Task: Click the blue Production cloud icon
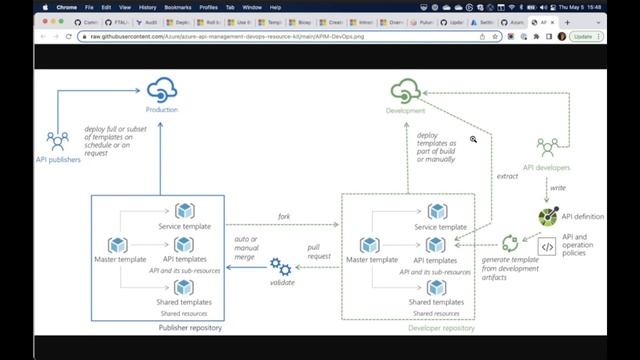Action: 161,90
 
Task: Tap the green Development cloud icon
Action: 407,91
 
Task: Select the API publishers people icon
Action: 57,140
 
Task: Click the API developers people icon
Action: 547,148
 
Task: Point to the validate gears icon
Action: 281,265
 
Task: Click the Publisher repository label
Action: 184,328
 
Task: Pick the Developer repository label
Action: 441,328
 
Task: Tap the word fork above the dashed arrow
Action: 283,216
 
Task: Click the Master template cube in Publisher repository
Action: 118,244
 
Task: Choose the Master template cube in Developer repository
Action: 371,244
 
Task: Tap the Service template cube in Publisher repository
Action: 184,211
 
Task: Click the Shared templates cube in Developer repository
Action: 436,288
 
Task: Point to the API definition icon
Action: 547,216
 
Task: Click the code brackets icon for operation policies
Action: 547,246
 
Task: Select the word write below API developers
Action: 557,187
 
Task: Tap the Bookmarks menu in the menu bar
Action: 179,7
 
